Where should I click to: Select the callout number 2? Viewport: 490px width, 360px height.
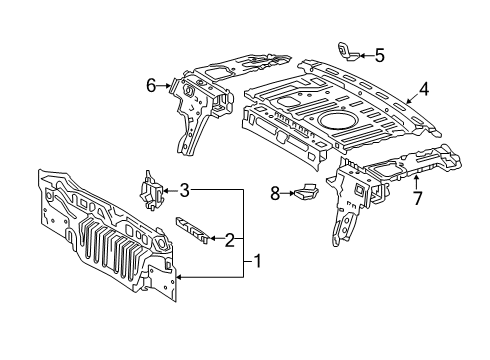[230, 239]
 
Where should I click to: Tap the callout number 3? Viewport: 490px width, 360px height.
[186, 189]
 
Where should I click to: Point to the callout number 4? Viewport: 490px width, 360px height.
[424, 88]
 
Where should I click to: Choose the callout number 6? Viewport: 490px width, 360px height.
[151, 86]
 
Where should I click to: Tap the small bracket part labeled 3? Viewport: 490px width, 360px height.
[151, 191]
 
